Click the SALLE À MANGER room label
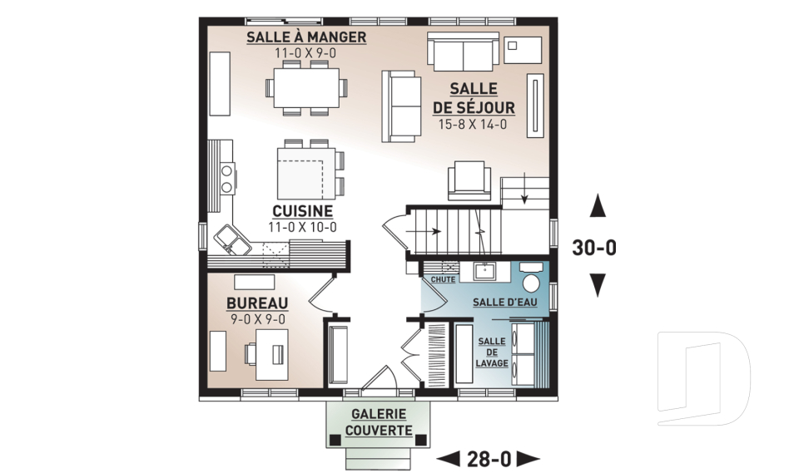tap(306, 37)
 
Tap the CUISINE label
tap(303, 211)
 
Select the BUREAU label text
tap(257, 303)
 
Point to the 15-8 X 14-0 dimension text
tap(473, 124)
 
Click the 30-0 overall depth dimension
tap(594, 248)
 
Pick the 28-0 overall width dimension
tap(489, 459)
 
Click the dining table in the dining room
tap(306, 87)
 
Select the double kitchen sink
tap(232, 239)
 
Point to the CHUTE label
tap(443, 279)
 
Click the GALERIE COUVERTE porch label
tap(379, 422)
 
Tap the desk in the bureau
tap(271, 354)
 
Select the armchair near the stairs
tap(469, 180)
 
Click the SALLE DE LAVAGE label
tap(492, 352)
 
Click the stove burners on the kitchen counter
tap(228, 178)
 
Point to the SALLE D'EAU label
tap(504, 303)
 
